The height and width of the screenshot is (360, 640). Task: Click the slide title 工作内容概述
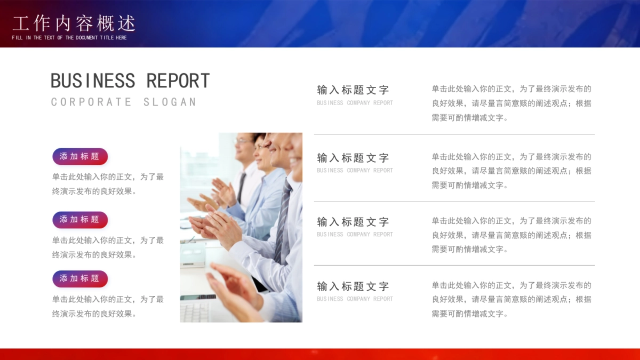coord(74,23)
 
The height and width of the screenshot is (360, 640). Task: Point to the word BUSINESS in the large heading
coord(93,81)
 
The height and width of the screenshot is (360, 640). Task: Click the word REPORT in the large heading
coord(178,81)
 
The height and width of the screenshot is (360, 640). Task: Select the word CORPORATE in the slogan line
coord(91,102)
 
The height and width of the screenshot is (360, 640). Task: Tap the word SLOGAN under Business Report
coord(170,102)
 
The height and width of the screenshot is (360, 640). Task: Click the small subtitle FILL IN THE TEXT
coord(69,38)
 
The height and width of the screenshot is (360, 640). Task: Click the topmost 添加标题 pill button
coord(80,156)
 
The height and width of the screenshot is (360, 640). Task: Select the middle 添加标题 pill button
coord(80,219)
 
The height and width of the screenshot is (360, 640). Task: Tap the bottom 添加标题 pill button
coord(80,278)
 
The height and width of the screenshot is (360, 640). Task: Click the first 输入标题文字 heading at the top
coord(353,90)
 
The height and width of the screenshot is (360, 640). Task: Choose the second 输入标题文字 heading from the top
coord(353,158)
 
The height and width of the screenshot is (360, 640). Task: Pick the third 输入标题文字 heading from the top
coord(353,222)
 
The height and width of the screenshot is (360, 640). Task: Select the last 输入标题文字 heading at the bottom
coord(353,286)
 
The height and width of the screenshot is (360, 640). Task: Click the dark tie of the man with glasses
coord(242,187)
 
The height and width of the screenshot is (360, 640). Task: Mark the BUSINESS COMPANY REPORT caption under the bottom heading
coord(355,299)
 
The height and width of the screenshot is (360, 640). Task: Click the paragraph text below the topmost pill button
coord(108,184)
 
